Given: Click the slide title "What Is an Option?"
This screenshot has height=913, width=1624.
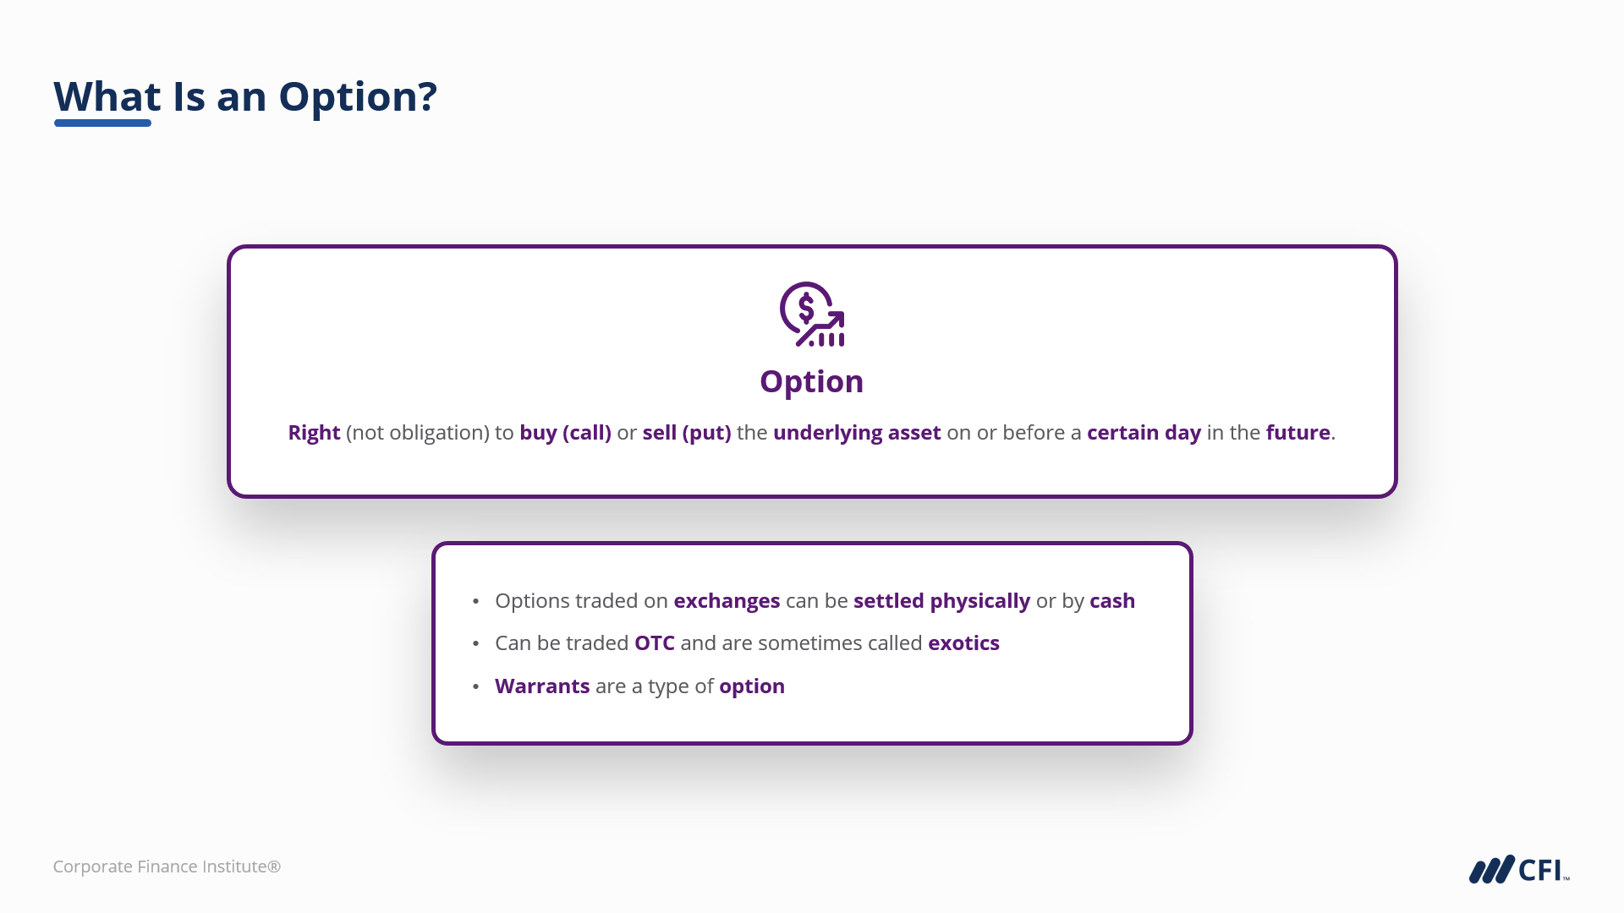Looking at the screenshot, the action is (245, 96).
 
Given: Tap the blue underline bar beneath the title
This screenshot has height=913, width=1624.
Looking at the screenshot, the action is (102, 123).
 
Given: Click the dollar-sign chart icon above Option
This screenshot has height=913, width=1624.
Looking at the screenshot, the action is (812, 314).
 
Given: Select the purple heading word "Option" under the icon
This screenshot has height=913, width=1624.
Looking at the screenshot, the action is (812, 382).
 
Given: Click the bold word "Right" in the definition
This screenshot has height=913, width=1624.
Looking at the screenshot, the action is (314, 433).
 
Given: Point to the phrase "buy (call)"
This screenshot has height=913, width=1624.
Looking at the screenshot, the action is (565, 433).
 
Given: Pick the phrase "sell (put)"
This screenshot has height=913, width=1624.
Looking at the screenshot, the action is (687, 433).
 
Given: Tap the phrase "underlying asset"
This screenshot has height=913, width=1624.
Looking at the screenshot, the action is (857, 433).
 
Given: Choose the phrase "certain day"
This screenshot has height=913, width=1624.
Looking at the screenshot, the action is (1144, 433).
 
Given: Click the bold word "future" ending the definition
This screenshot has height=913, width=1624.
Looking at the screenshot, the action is (1298, 433).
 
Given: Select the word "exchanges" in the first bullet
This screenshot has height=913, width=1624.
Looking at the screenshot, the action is (727, 601).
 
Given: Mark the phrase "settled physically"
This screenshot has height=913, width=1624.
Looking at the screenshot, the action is (941, 601).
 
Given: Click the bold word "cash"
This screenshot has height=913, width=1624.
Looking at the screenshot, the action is (1112, 601).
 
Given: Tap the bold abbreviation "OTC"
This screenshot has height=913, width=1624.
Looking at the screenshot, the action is (655, 643).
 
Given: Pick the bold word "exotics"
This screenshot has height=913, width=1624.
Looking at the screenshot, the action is (963, 643).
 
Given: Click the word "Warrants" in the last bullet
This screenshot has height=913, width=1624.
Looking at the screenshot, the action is (542, 686).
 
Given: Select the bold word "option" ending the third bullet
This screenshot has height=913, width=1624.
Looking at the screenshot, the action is (752, 686).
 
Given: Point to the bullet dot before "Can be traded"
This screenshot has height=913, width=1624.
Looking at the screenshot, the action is (476, 644).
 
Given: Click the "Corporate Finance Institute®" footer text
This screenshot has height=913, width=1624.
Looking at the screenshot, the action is (167, 867).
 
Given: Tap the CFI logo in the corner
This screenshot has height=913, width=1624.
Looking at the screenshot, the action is (1519, 869).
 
